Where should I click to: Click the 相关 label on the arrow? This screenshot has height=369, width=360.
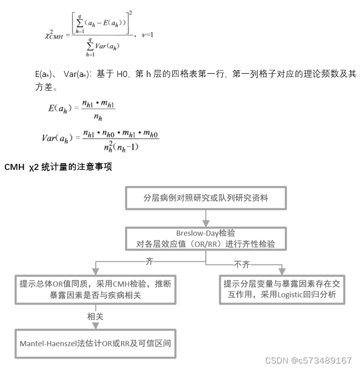tap(95, 317)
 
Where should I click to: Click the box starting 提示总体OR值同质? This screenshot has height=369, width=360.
tap(95, 289)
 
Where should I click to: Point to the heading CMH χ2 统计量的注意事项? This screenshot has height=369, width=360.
tap(58, 166)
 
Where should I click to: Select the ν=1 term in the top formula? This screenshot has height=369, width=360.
tap(147, 35)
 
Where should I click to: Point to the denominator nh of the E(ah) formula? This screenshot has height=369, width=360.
tap(98, 117)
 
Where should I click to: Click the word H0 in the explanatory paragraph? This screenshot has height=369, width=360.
tap(122, 74)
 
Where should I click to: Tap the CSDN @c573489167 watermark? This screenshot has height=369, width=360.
tap(308, 360)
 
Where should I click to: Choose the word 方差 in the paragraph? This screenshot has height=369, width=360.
tap(42, 86)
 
